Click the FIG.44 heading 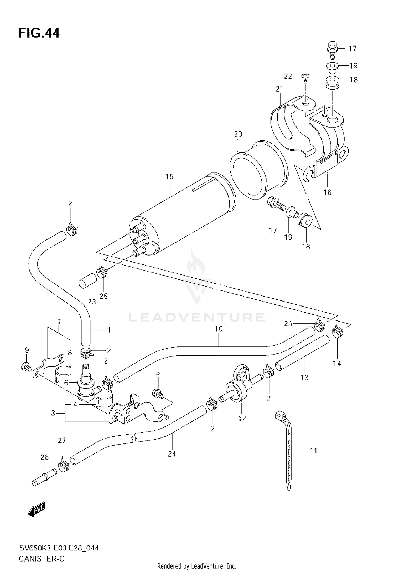39,33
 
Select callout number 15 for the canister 169,177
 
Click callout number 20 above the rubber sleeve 238,134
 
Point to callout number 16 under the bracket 328,192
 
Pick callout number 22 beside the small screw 288,76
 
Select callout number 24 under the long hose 172,454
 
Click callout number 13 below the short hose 304,378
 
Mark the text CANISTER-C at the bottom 42,557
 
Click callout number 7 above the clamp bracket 59,321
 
